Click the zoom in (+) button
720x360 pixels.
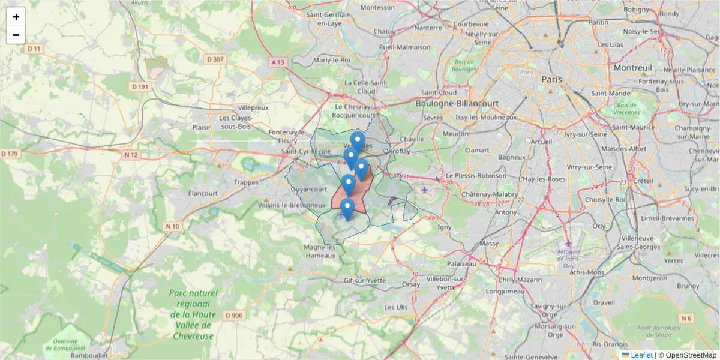click(x=16, y=17)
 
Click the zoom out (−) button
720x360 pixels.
click(x=16, y=35)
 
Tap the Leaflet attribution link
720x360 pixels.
click(x=641, y=355)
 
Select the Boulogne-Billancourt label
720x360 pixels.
click(x=457, y=103)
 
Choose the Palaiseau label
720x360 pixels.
click(x=461, y=263)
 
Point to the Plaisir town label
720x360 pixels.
click(x=202, y=127)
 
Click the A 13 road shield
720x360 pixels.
click(x=277, y=62)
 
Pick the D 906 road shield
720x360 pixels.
click(x=234, y=316)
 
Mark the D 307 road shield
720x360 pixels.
click(x=214, y=59)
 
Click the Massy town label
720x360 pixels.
click(x=489, y=244)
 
